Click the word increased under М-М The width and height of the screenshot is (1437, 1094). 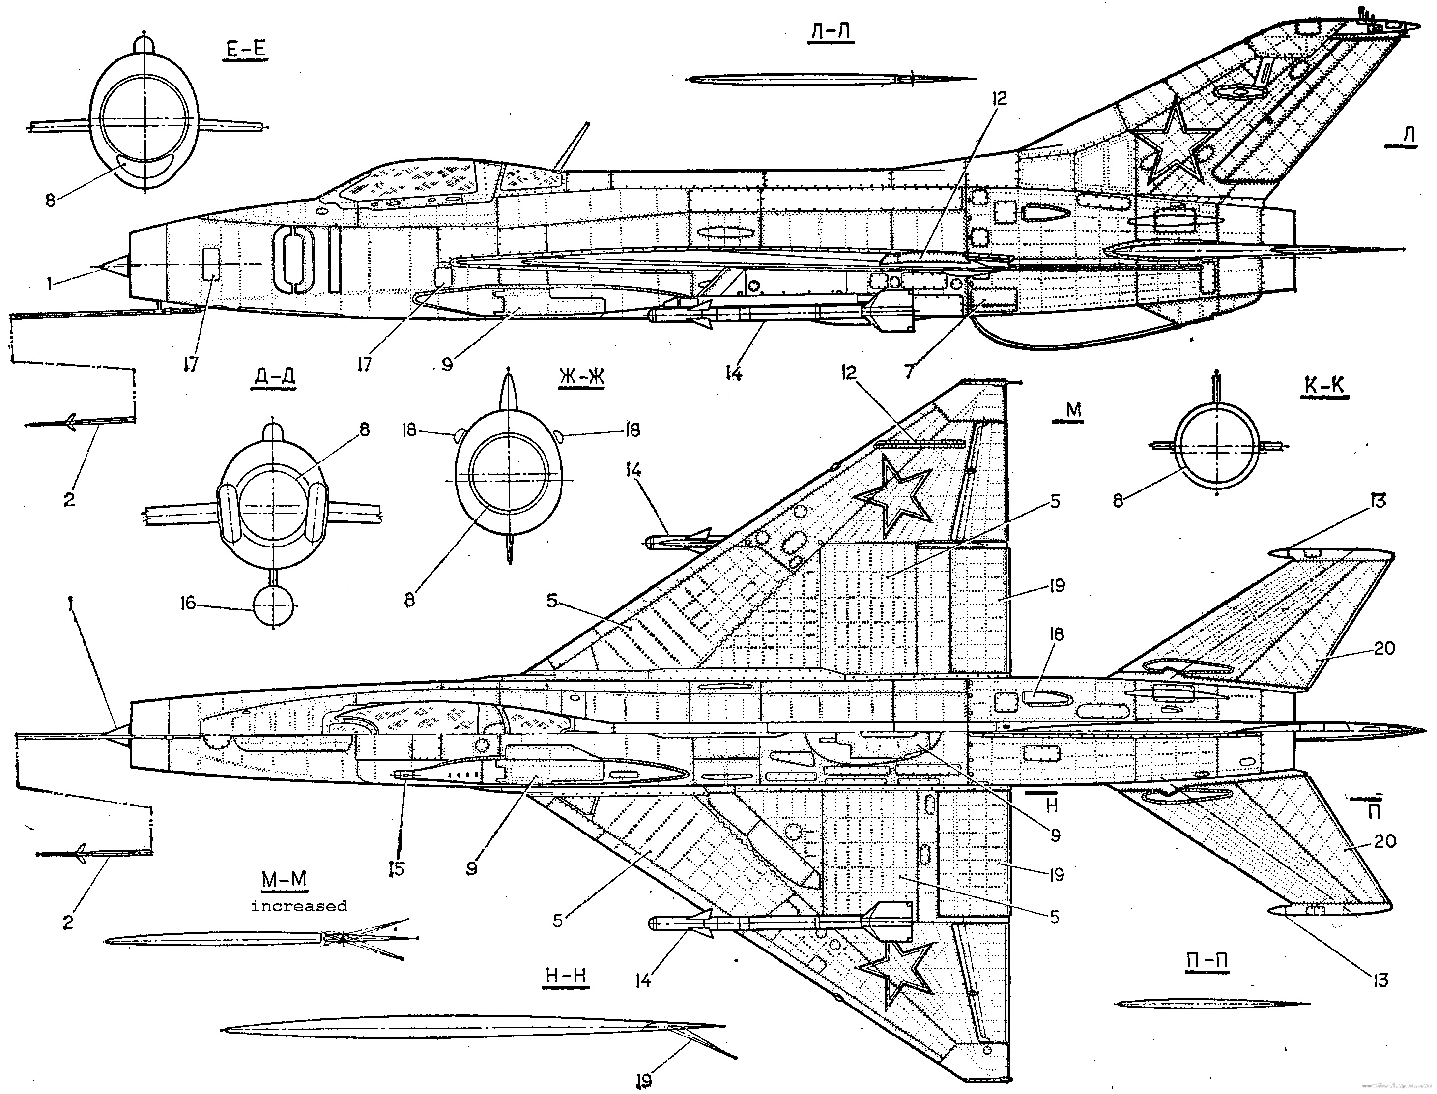(x=299, y=906)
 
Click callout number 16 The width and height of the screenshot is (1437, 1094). (x=188, y=604)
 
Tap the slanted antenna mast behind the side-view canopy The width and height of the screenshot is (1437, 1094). (x=572, y=146)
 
